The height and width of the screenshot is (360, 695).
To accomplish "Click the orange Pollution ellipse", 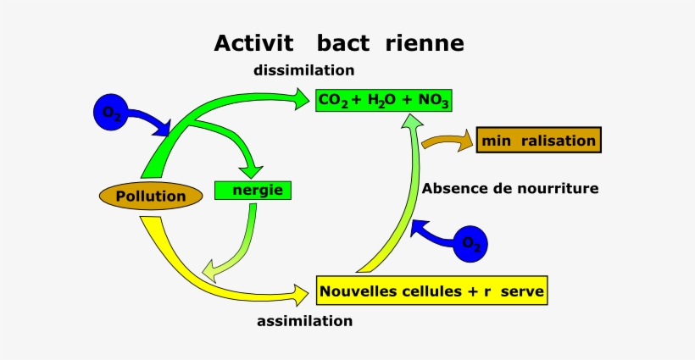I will tap(151, 197).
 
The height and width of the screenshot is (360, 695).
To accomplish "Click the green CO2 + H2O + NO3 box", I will tap(383, 101).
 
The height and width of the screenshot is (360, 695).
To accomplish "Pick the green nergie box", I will tap(253, 190).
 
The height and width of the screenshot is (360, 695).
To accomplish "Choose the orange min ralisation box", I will tap(539, 141).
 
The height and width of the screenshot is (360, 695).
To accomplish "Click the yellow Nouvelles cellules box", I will tap(431, 292).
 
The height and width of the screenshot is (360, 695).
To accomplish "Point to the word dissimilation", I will tap(303, 70).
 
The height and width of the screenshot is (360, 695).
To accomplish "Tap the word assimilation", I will tap(304, 321).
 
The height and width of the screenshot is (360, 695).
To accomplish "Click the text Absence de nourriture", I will tap(510, 188).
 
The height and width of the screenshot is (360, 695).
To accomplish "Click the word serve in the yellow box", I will tap(522, 292).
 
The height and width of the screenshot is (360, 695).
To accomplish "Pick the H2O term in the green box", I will tap(381, 102).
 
